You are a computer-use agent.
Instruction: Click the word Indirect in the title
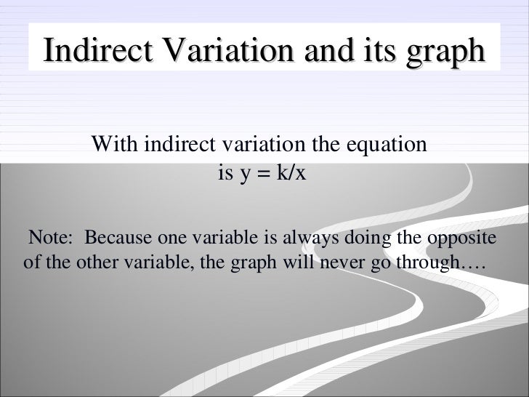(x=96, y=52)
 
